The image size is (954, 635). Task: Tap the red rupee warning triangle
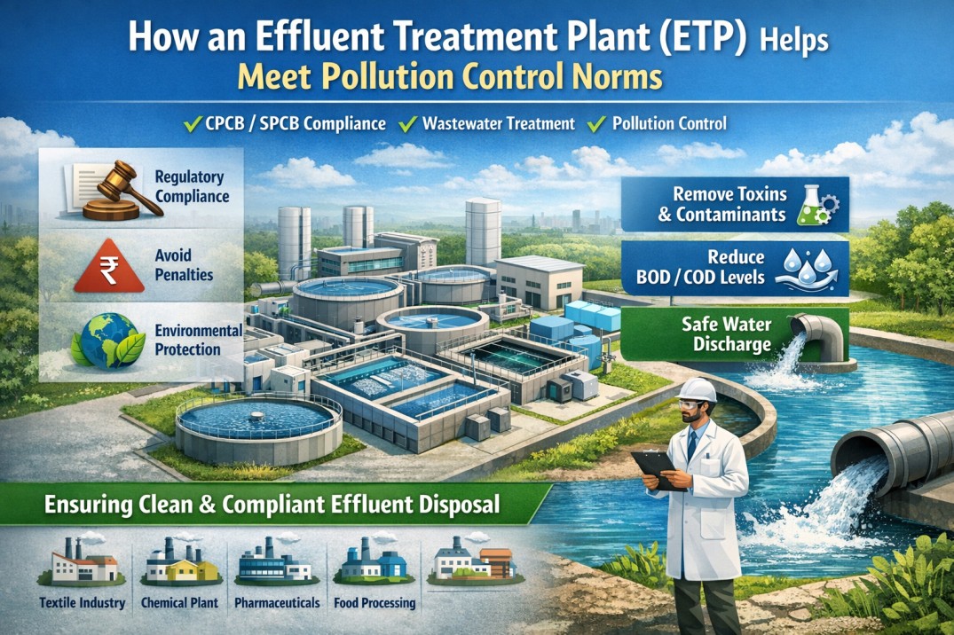coord(110,265)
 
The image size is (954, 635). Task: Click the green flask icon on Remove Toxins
coord(810,203)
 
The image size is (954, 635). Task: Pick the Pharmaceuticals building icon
coord(273,562)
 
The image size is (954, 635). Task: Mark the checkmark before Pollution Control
coord(597,123)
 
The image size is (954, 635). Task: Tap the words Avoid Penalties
coord(184,265)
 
